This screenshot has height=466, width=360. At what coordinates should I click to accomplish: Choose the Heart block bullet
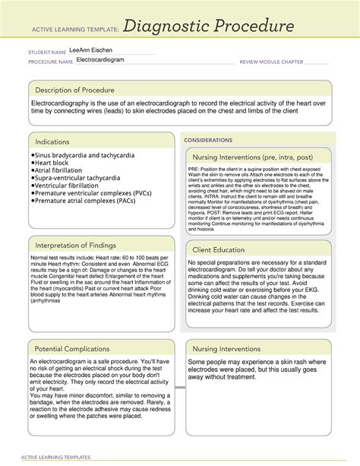(x=58, y=163)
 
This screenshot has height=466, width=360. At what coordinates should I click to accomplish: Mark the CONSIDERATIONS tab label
(x=210, y=141)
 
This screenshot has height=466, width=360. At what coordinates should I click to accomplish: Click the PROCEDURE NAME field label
(x=50, y=60)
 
